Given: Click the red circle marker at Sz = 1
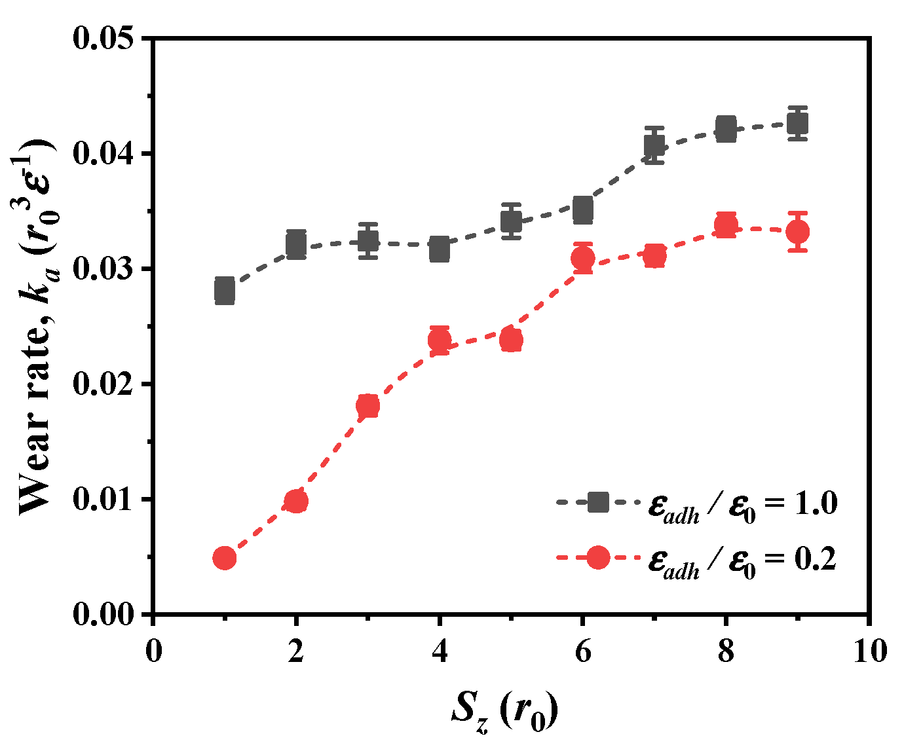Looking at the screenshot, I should [x=225, y=558].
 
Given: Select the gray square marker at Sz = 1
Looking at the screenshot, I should [x=225, y=291].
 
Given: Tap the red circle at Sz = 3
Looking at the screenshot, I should [x=367, y=406].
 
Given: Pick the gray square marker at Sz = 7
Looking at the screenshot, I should [x=654, y=145].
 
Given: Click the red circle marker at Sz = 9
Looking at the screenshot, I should [x=797, y=232].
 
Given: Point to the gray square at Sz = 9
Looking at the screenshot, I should [x=797, y=123].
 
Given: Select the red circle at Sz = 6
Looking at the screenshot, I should [x=583, y=259].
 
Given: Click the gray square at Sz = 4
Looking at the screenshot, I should [x=440, y=249].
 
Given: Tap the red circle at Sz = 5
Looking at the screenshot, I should [x=511, y=340].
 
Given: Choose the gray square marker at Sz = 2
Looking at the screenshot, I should [x=296, y=245].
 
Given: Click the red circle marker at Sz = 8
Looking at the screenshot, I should [x=726, y=225].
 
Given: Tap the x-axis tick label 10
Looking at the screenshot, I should [x=869, y=651].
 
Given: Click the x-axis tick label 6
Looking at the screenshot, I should [x=583, y=651].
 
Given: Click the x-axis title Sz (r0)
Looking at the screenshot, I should [x=504, y=712].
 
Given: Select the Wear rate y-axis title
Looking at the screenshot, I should [x=36, y=325].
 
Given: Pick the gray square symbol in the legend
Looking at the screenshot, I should [x=598, y=503].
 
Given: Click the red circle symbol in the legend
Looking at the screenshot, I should [x=598, y=558].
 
